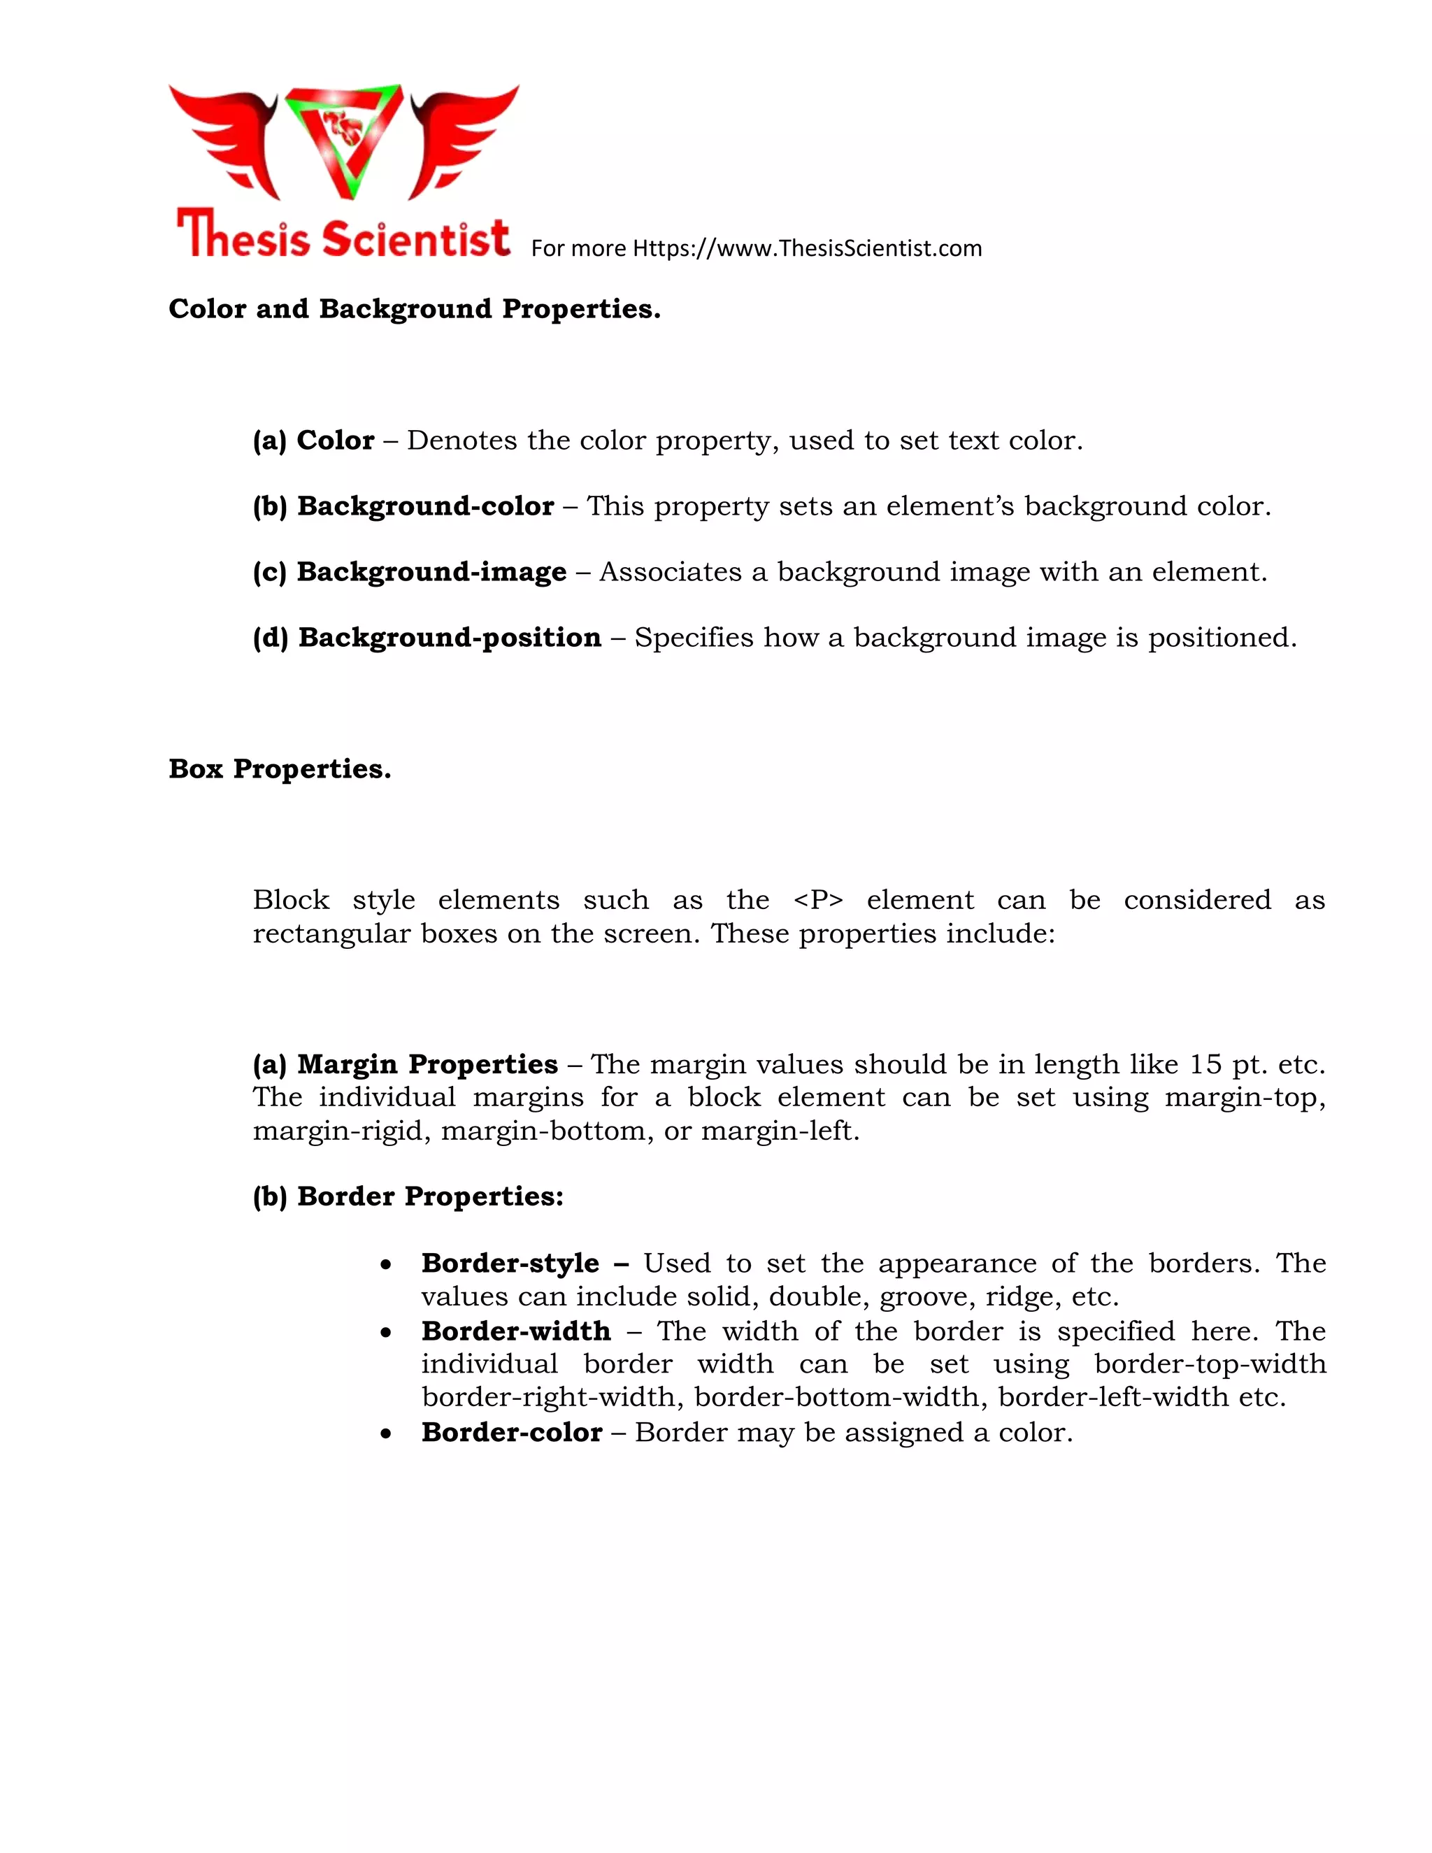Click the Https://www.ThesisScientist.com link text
click(807, 249)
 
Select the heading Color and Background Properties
click(414, 309)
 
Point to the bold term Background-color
click(425, 506)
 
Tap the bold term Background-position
click(449, 638)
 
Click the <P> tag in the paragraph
click(818, 900)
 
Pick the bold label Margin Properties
click(427, 1065)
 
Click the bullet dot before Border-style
click(386, 1265)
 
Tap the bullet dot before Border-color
click(386, 1434)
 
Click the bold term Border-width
click(516, 1331)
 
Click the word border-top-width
click(1210, 1364)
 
